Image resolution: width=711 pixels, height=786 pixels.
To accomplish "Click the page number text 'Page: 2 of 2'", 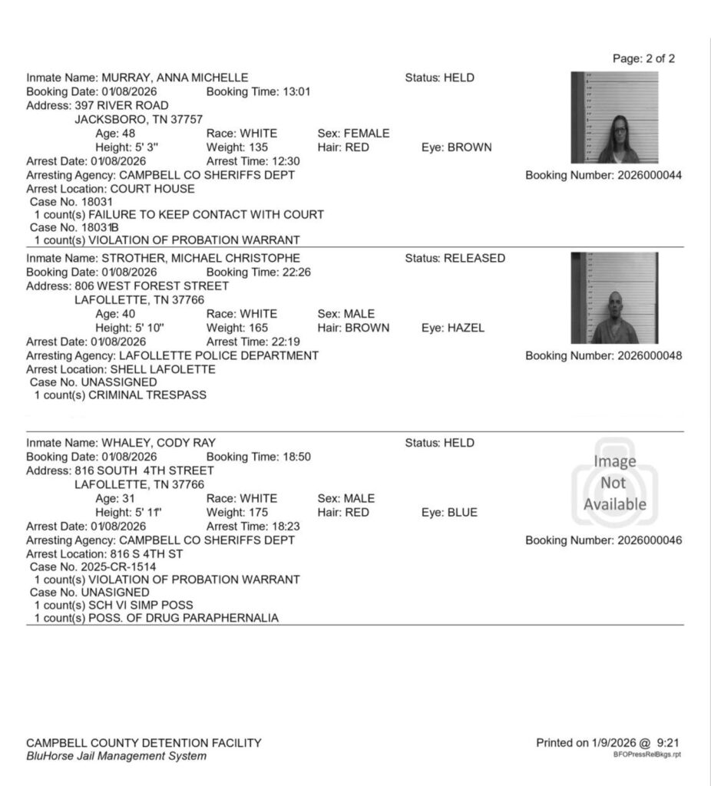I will coord(643,59).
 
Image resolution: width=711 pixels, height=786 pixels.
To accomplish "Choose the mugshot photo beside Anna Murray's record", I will coord(614,117).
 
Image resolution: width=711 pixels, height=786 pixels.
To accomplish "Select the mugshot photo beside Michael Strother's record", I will coord(614,298).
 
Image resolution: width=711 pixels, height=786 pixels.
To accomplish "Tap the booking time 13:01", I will coord(297,92).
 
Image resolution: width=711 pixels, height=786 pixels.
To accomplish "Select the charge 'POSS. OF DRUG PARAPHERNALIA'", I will coord(184,618).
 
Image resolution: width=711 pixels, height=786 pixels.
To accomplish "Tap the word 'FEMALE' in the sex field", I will coord(368,134).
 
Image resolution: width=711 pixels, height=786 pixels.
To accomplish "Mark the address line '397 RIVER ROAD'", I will coord(121,105).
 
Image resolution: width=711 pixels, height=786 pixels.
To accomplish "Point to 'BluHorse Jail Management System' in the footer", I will coord(116,757).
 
